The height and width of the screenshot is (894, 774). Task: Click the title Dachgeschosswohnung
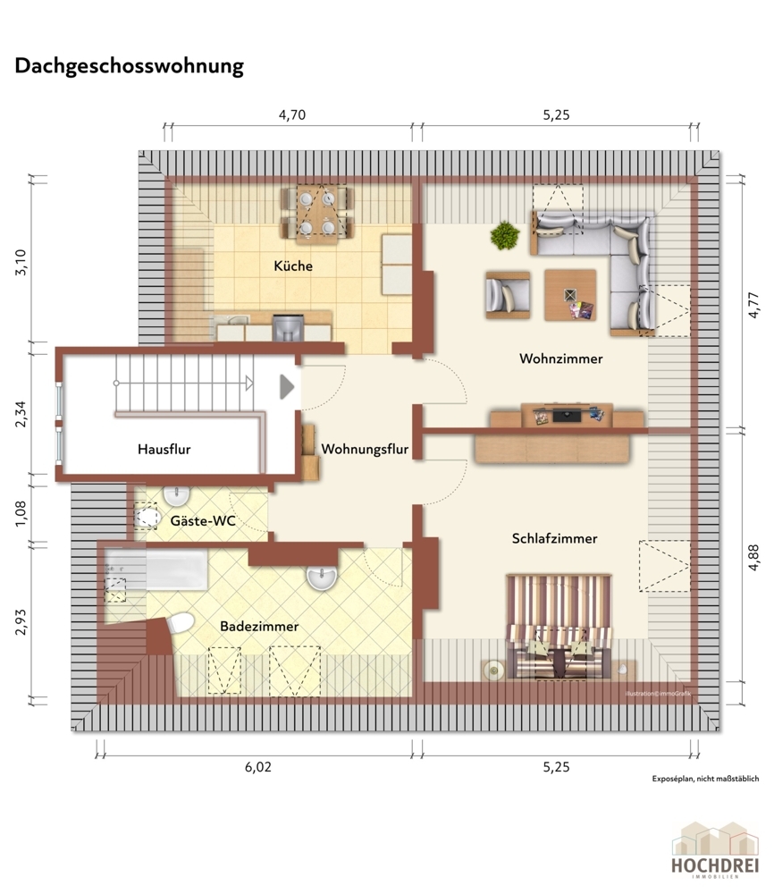(x=129, y=66)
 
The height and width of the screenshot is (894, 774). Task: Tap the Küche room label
(x=293, y=266)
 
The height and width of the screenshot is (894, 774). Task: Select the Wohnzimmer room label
(x=560, y=358)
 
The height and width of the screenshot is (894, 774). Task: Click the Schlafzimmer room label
(x=554, y=538)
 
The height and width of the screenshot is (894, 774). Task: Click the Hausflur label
(x=164, y=449)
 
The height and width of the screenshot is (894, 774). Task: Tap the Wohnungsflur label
(x=365, y=449)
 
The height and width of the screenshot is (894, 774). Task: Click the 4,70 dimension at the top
(x=292, y=114)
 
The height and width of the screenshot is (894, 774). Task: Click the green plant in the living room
(x=505, y=235)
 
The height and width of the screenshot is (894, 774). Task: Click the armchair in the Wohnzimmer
(x=507, y=295)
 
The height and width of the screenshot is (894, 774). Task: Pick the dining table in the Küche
(x=318, y=215)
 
